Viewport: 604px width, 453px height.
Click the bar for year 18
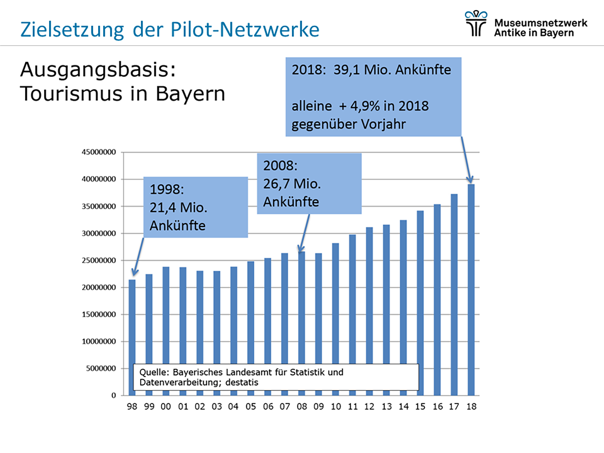coord(471,289)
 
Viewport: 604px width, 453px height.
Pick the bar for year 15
coord(420,302)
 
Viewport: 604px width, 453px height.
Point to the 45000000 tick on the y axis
coord(99,152)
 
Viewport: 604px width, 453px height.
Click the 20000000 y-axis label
coord(99,288)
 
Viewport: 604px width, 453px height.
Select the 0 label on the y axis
coord(113,396)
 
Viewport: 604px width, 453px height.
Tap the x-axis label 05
coord(251,406)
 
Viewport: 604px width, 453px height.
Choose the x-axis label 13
coord(386,406)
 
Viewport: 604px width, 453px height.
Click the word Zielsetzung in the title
coord(72,30)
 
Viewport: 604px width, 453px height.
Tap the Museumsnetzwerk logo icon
coord(476,23)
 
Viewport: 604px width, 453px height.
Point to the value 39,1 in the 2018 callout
coord(346,70)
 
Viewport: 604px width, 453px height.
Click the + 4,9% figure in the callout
coord(359,106)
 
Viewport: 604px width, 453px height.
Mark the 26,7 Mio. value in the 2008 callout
coord(292,184)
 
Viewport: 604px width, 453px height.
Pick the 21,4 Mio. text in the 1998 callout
coord(178,208)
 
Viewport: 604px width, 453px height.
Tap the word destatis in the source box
coord(242,383)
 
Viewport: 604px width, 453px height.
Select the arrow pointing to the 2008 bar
coord(305,233)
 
